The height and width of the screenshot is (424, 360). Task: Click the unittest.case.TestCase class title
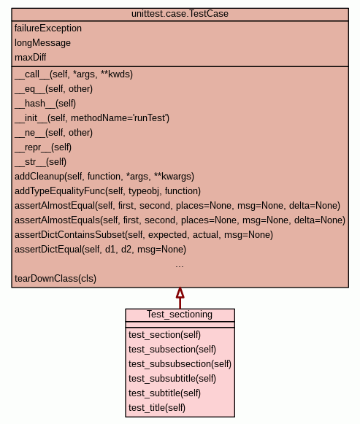click(x=180, y=14)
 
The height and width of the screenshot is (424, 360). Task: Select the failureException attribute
click(x=48, y=28)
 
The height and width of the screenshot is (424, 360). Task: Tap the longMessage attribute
click(x=43, y=43)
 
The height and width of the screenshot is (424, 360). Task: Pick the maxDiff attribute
click(x=30, y=58)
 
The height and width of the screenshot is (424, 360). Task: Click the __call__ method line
click(x=74, y=74)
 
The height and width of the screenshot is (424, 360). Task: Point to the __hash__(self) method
click(x=45, y=104)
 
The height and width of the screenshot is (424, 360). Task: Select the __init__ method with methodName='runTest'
click(x=92, y=118)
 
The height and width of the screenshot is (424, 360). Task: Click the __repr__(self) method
click(x=43, y=147)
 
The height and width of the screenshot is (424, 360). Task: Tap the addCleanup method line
click(x=104, y=177)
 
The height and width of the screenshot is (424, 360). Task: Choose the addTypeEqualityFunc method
click(x=107, y=191)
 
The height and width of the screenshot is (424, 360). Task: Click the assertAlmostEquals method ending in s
click(x=180, y=220)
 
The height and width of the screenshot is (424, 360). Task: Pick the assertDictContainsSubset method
click(x=144, y=235)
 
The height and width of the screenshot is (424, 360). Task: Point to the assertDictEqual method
click(x=100, y=250)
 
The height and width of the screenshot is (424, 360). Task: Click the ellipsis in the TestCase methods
click(x=180, y=266)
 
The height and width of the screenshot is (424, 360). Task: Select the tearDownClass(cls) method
click(x=55, y=279)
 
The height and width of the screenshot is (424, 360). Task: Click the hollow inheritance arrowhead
click(x=180, y=293)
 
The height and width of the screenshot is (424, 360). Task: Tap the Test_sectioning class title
click(x=180, y=315)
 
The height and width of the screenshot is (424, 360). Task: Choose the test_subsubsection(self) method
click(x=180, y=364)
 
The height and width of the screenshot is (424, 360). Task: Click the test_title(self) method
click(x=157, y=408)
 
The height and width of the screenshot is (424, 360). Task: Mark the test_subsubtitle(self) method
click(x=172, y=379)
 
